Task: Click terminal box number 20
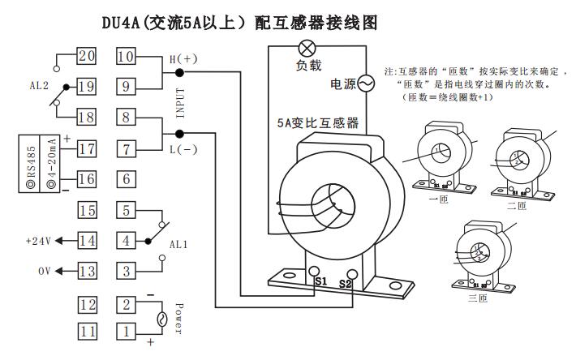[86, 56]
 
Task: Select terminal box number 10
[126, 56]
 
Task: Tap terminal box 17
[86, 148]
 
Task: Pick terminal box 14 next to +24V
[86, 241]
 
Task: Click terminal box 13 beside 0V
[86, 271]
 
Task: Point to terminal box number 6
[126, 178]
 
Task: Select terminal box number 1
[126, 331]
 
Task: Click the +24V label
[38, 242]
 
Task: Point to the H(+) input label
[183, 59]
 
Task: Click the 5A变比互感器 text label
[317, 124]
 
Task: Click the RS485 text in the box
[29, 163]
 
